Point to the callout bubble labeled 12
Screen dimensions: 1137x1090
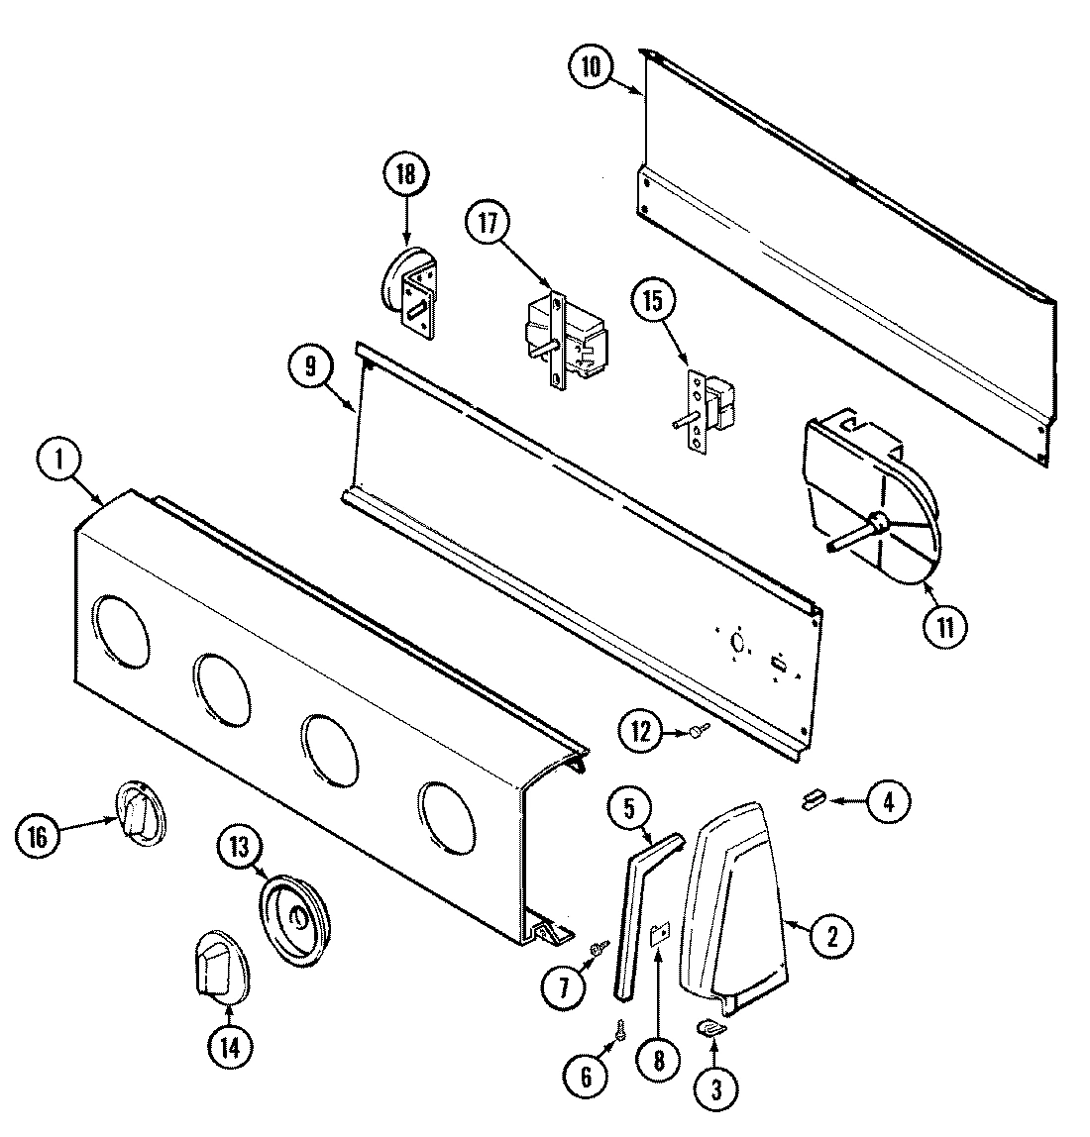[x=641, y=732]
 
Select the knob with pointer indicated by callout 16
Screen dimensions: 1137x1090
[x=141, y=814]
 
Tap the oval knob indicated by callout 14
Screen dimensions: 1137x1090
[x=219, y=960]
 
